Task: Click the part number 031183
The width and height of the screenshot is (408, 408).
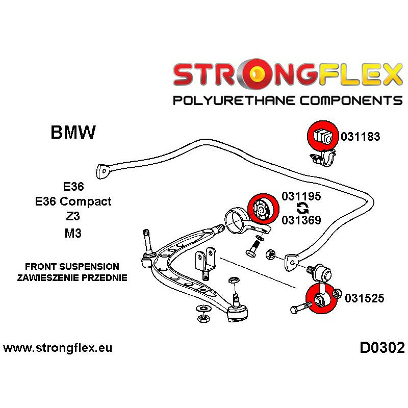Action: [361, 137]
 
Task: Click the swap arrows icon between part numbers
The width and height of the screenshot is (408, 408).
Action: [302, 208]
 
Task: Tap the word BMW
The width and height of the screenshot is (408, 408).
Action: [73, 133]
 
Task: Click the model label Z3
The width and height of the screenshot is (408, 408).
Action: [72, 217]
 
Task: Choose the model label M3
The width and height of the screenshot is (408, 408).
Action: [73, 233]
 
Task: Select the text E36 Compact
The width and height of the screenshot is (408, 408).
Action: [73, 201]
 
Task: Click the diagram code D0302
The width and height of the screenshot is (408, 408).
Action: [382, 348]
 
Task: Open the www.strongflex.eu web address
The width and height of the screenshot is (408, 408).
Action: [58, 349]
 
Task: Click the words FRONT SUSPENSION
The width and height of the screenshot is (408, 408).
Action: [72, 267]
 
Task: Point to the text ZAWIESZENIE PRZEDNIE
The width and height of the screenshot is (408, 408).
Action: [72, 278]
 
